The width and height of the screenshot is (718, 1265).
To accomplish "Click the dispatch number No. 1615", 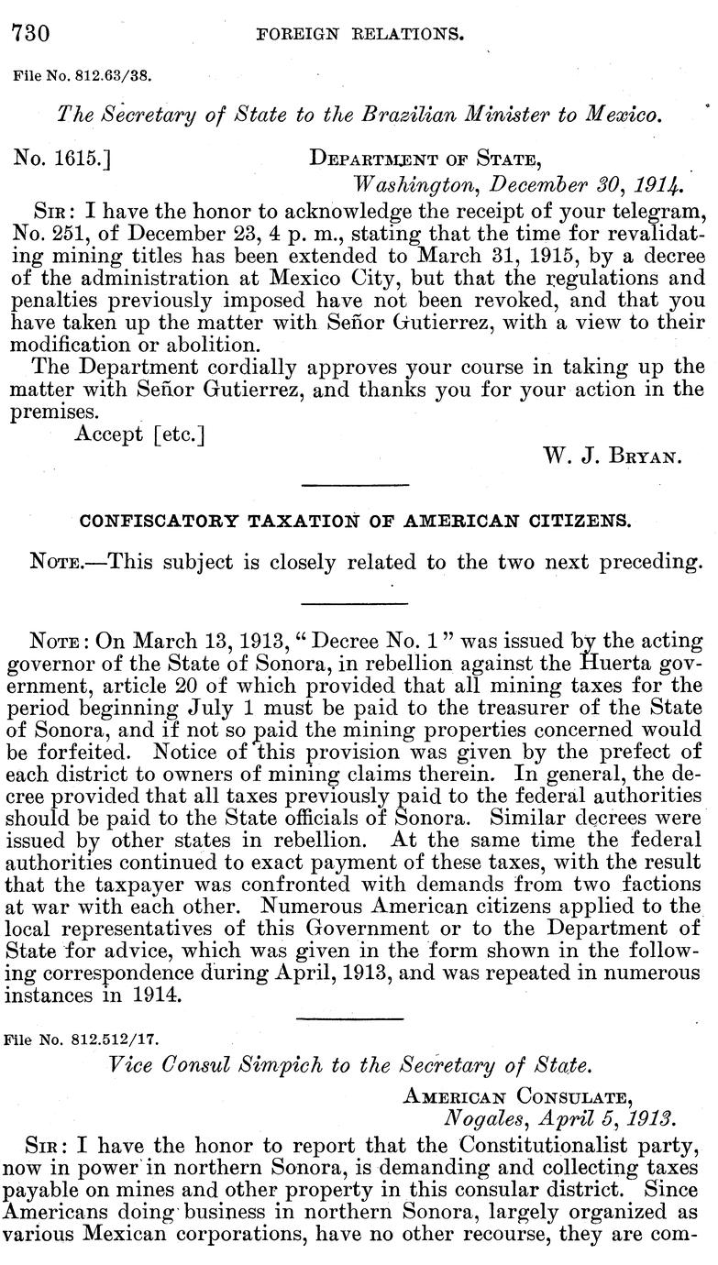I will click(61, 159).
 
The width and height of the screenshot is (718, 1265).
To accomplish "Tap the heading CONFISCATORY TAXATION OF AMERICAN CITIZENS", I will click(355, 521).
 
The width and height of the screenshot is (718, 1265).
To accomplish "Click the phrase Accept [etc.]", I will click(138, 434).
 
